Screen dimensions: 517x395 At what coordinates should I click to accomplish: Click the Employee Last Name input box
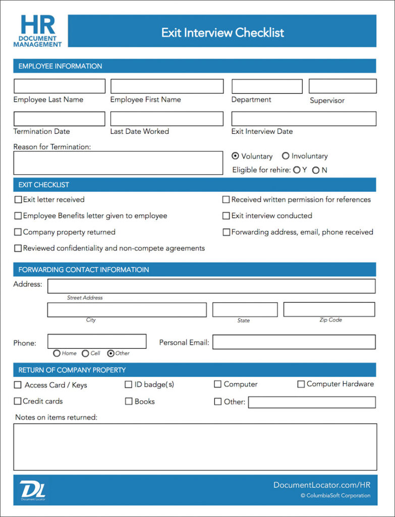(59, 86)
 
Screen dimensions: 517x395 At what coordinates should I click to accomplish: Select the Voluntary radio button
(235, 156)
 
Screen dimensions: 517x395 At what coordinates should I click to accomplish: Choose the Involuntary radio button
(286, 156)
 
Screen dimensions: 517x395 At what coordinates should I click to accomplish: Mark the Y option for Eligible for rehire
(297, 170)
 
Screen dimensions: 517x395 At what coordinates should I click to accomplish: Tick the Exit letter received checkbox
(18, 200)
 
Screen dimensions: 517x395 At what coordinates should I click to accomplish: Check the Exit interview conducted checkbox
(226, 216)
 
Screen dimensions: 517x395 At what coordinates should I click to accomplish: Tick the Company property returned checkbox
(18, 232)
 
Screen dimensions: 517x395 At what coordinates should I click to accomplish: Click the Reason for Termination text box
(118, 163)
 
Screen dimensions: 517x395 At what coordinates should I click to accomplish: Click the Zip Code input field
(329, 309)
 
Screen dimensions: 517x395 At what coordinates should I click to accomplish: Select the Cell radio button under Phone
(85, 353)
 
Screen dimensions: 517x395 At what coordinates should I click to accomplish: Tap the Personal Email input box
(294, 342)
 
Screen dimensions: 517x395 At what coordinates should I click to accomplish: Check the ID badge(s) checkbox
(129, 385)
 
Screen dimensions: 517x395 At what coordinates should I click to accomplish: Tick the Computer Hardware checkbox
(301, 384)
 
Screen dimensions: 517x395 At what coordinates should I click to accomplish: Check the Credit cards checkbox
(18, 401)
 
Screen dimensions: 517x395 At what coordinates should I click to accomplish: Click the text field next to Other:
(312, 402)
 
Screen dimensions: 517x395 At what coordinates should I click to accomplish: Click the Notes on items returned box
(195, 447)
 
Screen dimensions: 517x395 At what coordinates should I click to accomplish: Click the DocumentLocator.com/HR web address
(321, 485)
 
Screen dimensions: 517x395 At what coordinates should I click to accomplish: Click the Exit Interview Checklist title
(222, 33)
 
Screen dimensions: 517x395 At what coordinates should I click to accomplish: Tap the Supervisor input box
(343, 86)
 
